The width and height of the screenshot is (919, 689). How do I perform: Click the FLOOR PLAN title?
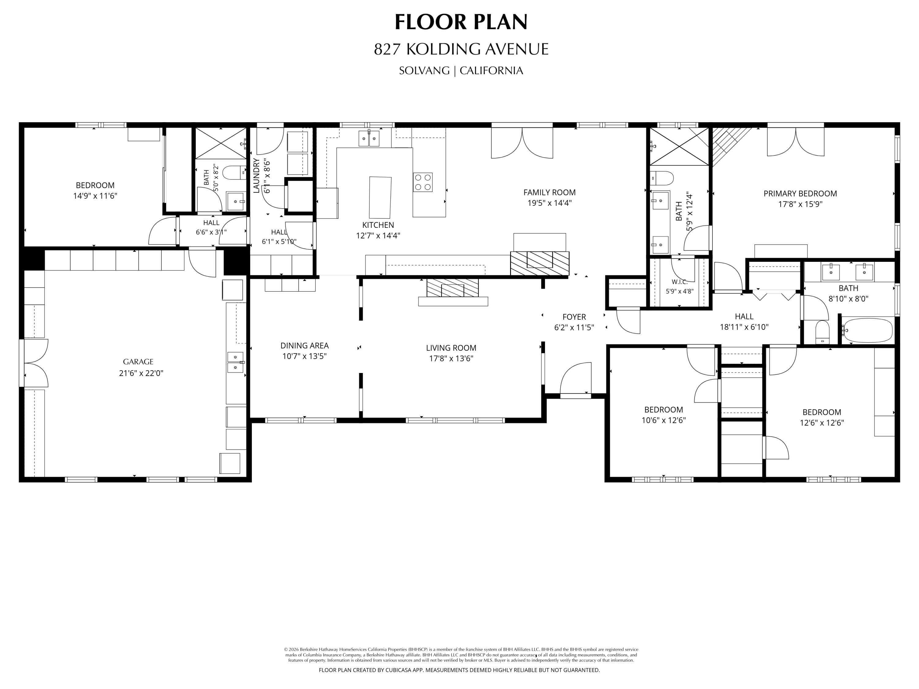tap(461, 22)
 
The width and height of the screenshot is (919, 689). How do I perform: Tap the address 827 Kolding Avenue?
tap(461, 49)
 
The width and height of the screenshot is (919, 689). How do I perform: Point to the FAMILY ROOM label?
tap(549, 192)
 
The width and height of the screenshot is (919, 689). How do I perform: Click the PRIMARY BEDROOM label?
tap(800, 194)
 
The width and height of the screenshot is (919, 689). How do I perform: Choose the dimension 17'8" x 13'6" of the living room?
tap(451, 358)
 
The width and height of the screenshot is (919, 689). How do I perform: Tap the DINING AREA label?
tap(304, 345)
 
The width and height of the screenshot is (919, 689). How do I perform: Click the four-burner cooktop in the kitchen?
tap(422, 182)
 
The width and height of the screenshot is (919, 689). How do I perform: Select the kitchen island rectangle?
tap(380, 197)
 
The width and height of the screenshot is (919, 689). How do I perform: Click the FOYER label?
tap(574, 317)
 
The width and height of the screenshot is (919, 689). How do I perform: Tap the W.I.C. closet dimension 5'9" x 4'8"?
tap(680, 291)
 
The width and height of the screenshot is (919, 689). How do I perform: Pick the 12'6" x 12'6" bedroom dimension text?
tap(822, 423)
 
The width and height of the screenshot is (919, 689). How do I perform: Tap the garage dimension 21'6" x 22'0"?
tap(141, 373)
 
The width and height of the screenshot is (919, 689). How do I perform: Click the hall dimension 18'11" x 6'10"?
tap(744, 327)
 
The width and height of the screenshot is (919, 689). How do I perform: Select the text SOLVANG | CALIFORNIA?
tap(461, 71)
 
